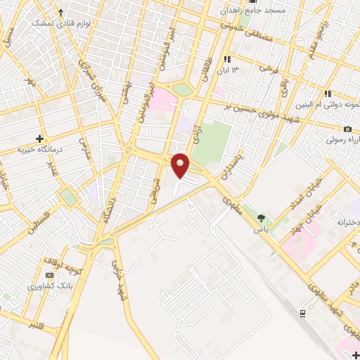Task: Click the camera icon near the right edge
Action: click(x=347, y=129)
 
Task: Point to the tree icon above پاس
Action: click(x=262, y=217)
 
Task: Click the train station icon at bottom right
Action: click(x=302, y=312)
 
